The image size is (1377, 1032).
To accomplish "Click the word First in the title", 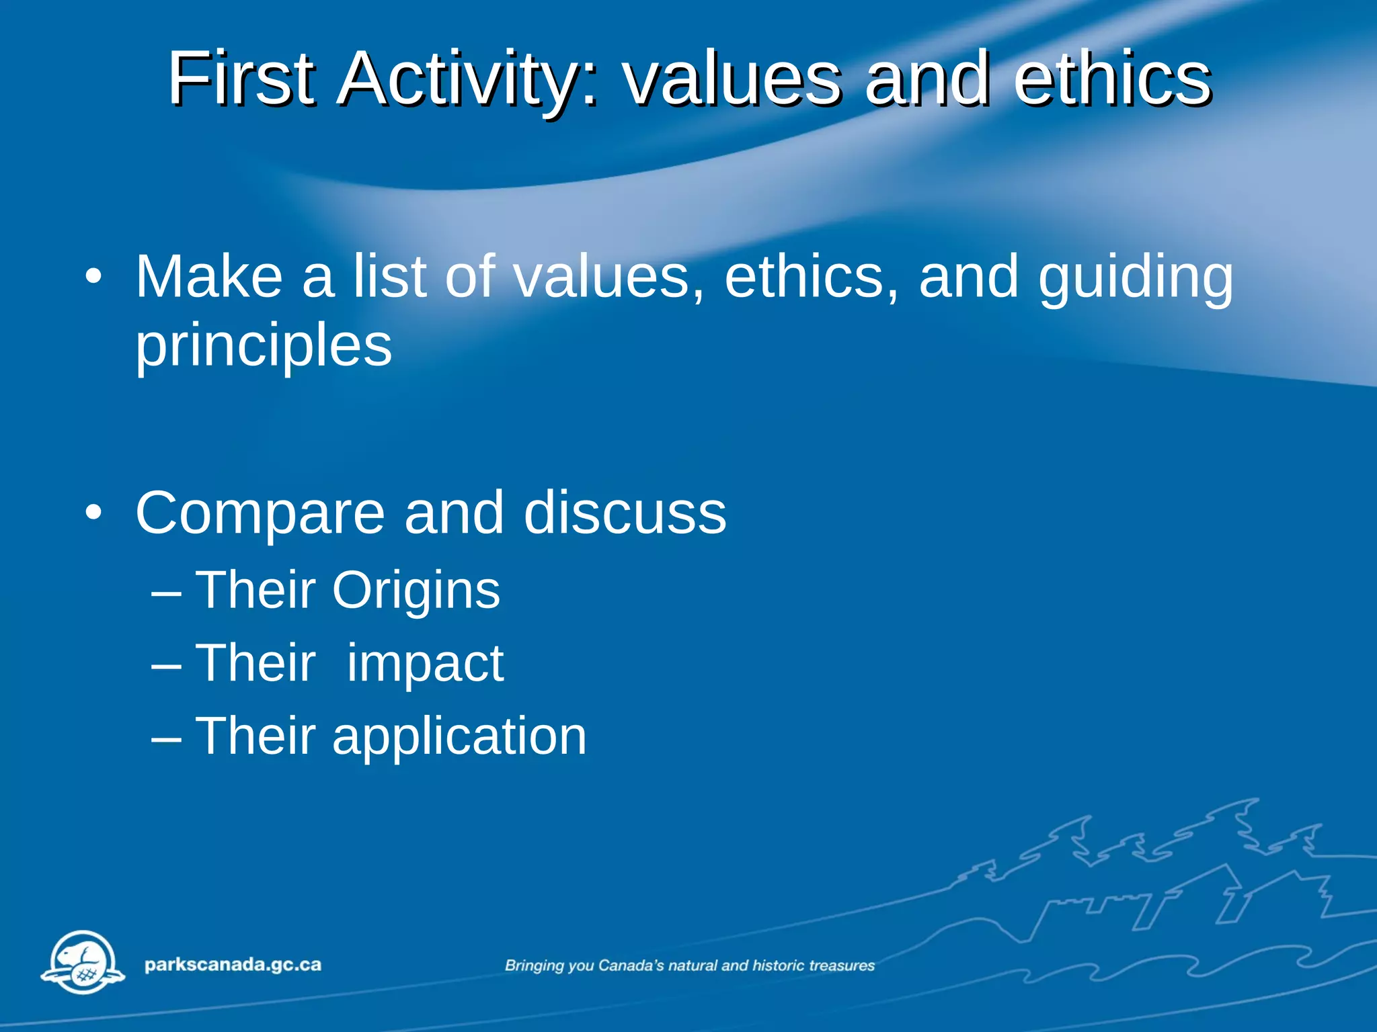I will point(241,79).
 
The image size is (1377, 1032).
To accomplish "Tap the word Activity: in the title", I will point(467,79).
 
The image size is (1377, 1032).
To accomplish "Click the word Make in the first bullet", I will point(209,276).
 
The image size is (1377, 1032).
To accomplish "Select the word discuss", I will point(625,513).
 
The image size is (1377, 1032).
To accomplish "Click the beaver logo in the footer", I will point(83,962).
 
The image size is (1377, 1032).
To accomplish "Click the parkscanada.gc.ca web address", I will point(233,965).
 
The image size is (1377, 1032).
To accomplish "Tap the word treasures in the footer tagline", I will point(842,965).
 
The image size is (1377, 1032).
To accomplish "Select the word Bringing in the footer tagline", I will point(535,966).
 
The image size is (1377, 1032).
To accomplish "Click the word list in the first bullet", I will point(390,276).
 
